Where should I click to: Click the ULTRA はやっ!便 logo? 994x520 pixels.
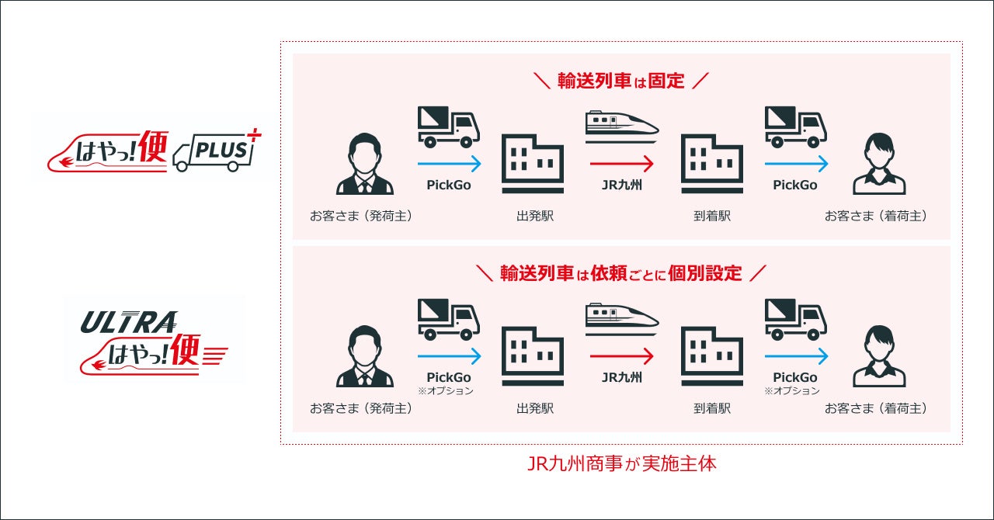[x=154, y=339]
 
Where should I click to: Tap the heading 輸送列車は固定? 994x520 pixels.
[x=621, y=81]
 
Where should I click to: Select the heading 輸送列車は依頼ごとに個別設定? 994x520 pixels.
[x=621, y=273]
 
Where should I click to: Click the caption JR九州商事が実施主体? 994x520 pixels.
[x=621, y=465]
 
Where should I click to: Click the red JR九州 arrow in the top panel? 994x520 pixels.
[x=621, y=165]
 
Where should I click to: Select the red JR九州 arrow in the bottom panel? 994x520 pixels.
[x=621, y=356]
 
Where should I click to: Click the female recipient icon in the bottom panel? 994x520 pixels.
[x=879, y=357]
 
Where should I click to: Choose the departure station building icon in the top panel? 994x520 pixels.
[x=533, y=163]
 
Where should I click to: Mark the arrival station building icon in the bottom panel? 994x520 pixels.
[x=711, y=355]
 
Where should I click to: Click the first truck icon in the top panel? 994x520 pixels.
[x=449, y=127]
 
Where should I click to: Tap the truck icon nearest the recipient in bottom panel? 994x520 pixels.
[x=796, y=320]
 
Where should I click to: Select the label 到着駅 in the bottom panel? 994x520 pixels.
[x=712, y=408]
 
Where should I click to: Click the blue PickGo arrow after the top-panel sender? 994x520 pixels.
[x=449, y=165]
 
